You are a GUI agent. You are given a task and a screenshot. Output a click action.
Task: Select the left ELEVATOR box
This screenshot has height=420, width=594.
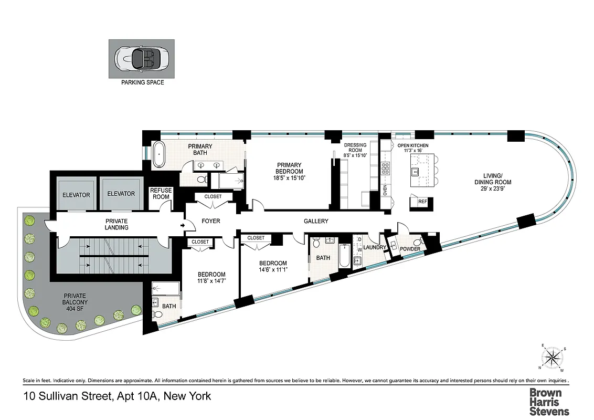coord(76,194)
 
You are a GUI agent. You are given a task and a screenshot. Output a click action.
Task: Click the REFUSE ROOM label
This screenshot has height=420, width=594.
coord(160,194)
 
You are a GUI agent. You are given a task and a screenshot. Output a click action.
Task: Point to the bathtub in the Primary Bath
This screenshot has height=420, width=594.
coord(159,154)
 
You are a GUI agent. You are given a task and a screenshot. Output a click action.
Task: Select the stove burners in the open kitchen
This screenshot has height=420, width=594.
coord(386,168)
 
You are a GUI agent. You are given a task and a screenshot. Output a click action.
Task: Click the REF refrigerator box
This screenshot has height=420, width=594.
coord(422,201)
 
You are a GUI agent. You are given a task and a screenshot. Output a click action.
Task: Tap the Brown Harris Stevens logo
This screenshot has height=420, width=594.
coord(548,402)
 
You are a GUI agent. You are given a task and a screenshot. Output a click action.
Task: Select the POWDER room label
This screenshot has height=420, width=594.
coord(410,249)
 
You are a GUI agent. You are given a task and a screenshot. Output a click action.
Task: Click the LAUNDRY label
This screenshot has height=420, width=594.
coord(375,247)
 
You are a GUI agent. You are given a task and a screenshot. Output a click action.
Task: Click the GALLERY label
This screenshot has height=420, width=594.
coord(316,221)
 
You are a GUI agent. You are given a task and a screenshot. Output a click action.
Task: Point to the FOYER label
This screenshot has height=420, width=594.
coord(211,221)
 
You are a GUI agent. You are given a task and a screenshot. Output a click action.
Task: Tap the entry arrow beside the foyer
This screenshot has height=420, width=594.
coord(183,226)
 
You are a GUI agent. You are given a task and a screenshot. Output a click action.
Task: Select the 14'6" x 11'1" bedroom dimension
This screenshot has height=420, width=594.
coord(272,270)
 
